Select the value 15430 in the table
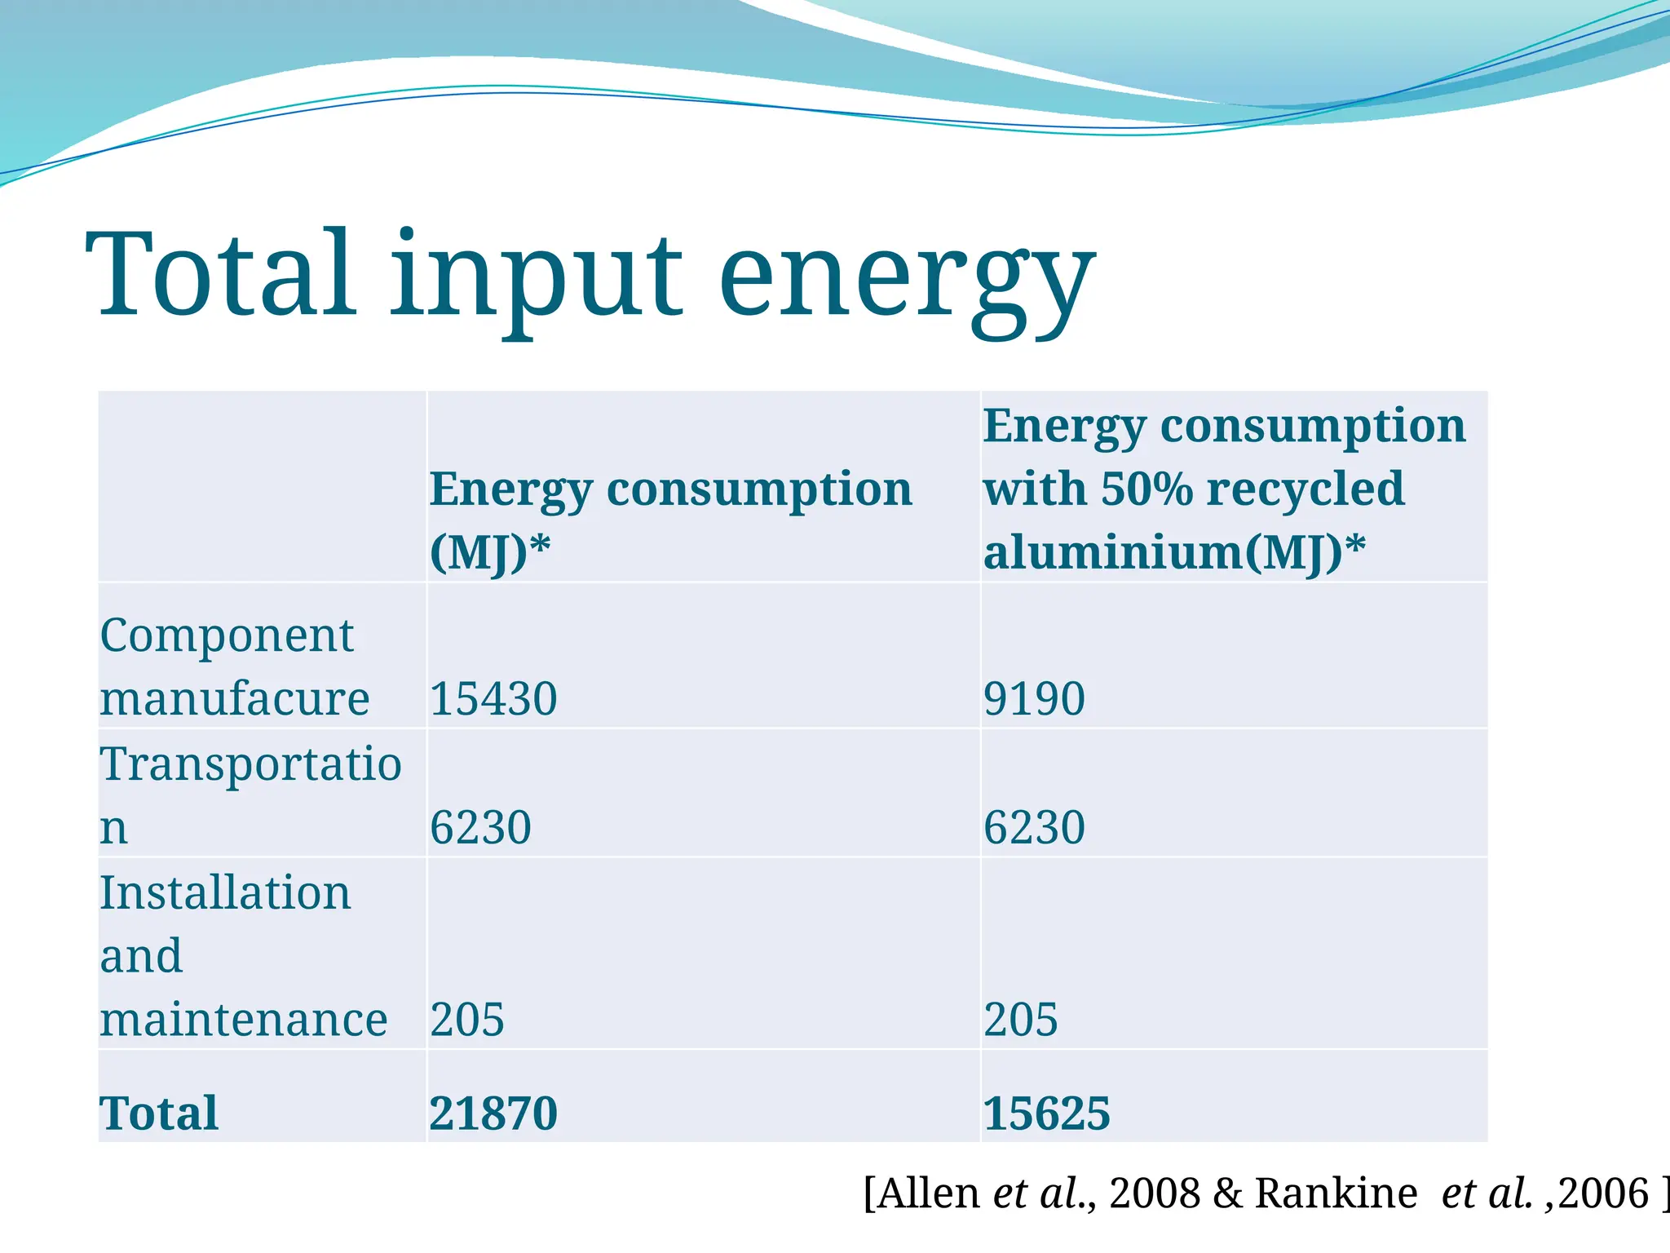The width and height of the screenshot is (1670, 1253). [493, 699]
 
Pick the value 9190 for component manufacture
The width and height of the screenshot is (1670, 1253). [1034, 699]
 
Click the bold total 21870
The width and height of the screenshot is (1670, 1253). [493, 1114]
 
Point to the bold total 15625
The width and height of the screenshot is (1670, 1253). [1046, 1114]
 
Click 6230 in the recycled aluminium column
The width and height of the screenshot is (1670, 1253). [1034, 827]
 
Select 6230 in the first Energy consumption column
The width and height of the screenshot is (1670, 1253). [480, 827]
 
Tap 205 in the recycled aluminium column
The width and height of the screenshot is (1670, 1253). [1020, 1020]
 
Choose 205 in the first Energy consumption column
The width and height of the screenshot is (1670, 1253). [467, 1020]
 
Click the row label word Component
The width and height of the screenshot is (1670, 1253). [227, 635]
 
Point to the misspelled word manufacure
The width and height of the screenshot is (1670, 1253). [235, 699]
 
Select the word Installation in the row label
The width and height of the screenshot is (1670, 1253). [225, 892]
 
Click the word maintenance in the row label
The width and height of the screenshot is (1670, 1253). [243, 1020]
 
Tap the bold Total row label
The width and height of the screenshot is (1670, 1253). [159, 1114]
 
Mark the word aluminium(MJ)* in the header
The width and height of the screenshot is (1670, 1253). [1174, 552]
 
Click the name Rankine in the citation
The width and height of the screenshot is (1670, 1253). [1336, 1193]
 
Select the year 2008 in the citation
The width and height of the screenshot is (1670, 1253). [1155, 1193]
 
